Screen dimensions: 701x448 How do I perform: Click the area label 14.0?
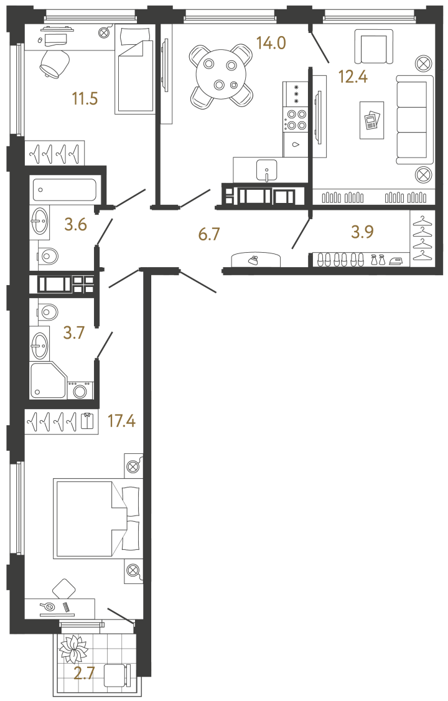(270, 43)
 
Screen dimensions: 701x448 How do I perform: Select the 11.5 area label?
(86, 98)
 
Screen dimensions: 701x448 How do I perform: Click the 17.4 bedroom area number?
(121, 422)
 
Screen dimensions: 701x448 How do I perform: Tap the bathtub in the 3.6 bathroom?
(65, 187)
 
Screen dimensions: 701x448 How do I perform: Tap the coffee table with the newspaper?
(371, 120)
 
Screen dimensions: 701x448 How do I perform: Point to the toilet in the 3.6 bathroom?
(47, 255)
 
